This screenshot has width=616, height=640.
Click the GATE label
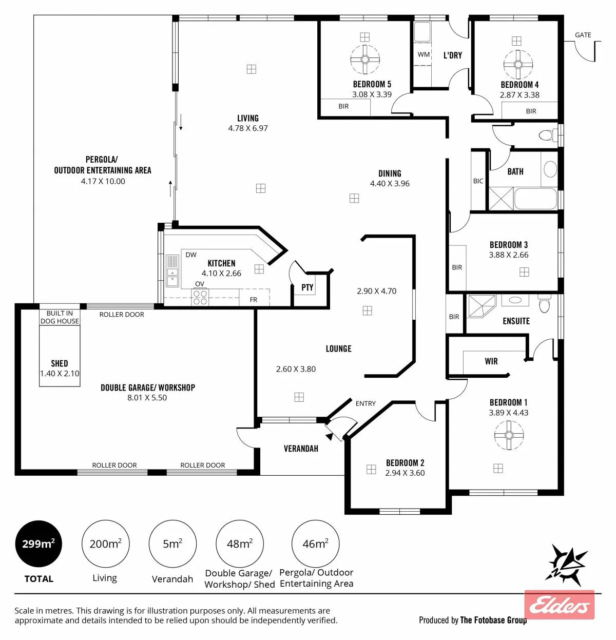(x=583, y=35)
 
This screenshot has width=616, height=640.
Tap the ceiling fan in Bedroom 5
(x=365, y=60)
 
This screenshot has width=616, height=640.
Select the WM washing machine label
(x=423, y=54)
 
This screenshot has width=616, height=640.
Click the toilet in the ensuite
(x=545, y=303)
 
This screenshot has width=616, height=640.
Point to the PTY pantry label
(x=307, y=287)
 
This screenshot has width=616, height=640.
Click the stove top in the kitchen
(x=200, y=297)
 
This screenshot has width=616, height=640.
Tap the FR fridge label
(x=253, y=300)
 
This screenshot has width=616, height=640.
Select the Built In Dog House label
(x=60, y=317)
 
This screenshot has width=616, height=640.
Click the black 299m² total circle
(x=38, y=544)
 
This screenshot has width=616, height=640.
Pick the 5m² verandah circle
(x=172, y=544)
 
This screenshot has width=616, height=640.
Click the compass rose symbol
(x=566, y=566)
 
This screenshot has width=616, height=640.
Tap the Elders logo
(x=559, y=605)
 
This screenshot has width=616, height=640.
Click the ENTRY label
(x=365, y=403)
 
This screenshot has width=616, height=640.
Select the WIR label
(x=491, y=361)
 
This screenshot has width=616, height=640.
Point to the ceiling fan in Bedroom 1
(x=509, y=435)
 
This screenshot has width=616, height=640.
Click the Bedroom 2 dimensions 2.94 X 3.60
(x=405, y=473)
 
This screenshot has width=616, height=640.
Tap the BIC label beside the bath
(x=478, y=181)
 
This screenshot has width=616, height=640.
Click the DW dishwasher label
(x=191, y=255)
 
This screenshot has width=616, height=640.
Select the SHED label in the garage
(x=60, y=363)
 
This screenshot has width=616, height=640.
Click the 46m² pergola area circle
(x=315, y=544)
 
